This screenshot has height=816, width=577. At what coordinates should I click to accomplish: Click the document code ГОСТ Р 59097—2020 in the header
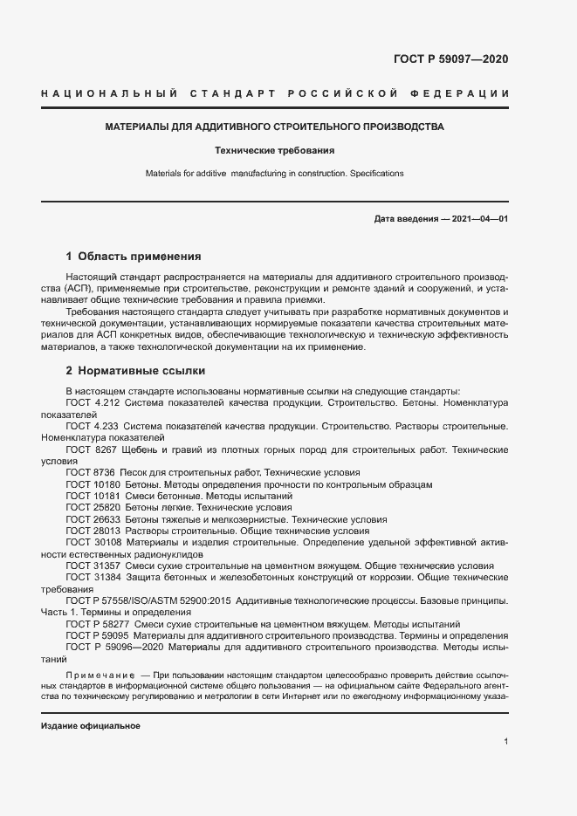[446, 59]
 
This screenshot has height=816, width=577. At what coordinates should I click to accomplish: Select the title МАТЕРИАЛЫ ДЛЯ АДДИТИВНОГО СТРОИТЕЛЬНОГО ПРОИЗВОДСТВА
[274, 127]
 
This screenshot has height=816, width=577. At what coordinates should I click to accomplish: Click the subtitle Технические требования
[274, 150]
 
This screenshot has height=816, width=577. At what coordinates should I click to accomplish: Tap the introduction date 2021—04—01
[478, 218]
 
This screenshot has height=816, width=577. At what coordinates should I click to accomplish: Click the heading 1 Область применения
[134, 257]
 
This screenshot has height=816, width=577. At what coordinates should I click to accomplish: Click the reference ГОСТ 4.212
[92, 404]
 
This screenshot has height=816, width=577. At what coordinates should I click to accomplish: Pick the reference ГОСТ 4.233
[92, 427]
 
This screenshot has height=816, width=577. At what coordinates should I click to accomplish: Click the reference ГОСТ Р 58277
[98, 624]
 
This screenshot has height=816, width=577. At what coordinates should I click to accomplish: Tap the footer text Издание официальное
[91, 726]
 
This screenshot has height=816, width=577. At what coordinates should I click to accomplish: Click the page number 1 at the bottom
[505, 742]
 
